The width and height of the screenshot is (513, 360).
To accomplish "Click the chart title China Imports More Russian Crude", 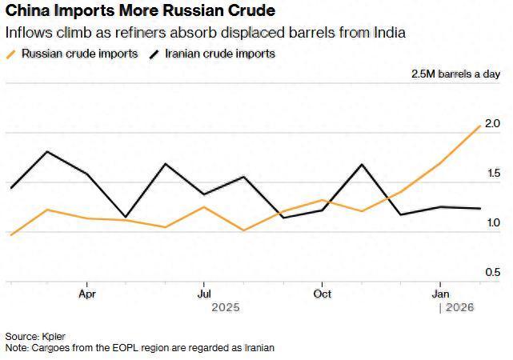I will point(140,12).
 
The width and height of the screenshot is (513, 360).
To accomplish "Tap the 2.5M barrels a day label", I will point(455,74).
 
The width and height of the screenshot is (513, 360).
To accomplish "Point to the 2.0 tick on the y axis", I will point(492,124).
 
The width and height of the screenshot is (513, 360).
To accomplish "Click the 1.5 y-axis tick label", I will point(492,174).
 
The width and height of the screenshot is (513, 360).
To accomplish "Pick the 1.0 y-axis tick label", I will point(492,223).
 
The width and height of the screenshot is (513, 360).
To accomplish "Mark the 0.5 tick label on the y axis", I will point(492,273).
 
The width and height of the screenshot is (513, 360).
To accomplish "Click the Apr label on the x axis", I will point(87,294).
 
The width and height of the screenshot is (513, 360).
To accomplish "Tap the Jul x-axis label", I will point(204,294).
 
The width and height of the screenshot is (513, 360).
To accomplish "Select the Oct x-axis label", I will point(322,294).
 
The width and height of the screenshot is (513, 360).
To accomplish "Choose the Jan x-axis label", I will point(439,294).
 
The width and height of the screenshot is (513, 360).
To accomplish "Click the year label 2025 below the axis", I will point(225,307).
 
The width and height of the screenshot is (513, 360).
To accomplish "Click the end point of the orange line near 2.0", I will point(480,126).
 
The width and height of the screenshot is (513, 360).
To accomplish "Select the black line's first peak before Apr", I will point(48,151).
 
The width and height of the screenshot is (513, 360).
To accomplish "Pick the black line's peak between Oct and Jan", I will point(363,164).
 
